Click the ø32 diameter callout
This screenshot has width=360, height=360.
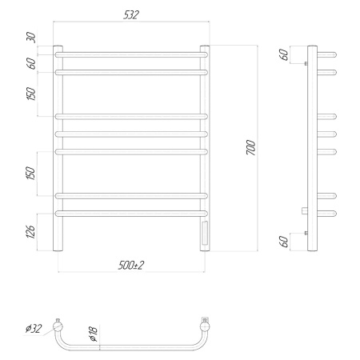(34, 328)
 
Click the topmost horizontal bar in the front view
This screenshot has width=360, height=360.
(130, 54)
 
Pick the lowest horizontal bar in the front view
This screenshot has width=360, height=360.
(130, 213)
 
